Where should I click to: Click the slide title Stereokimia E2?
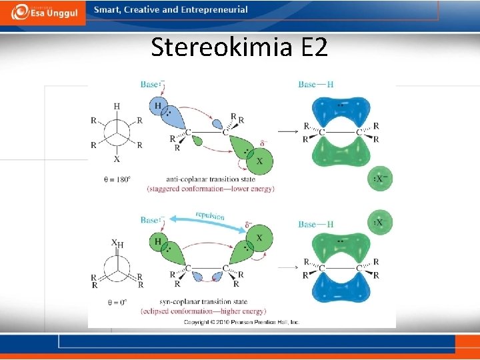click(239, 47)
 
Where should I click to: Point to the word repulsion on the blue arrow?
click(210, 216)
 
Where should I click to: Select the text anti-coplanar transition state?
click(211, 179)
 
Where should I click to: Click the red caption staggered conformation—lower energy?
click(211, 189)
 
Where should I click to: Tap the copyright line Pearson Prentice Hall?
click(242, 322)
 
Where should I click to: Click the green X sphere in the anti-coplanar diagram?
click(259, 161)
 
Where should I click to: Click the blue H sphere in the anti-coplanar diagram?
click(158, 107)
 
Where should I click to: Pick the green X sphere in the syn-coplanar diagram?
click(259, 239)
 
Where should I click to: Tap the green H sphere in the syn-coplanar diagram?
click(158, 241)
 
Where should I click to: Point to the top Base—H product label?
click(316, 85)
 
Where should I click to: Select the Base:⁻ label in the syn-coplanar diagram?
click(153, 219)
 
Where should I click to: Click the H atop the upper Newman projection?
click(117, 106)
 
